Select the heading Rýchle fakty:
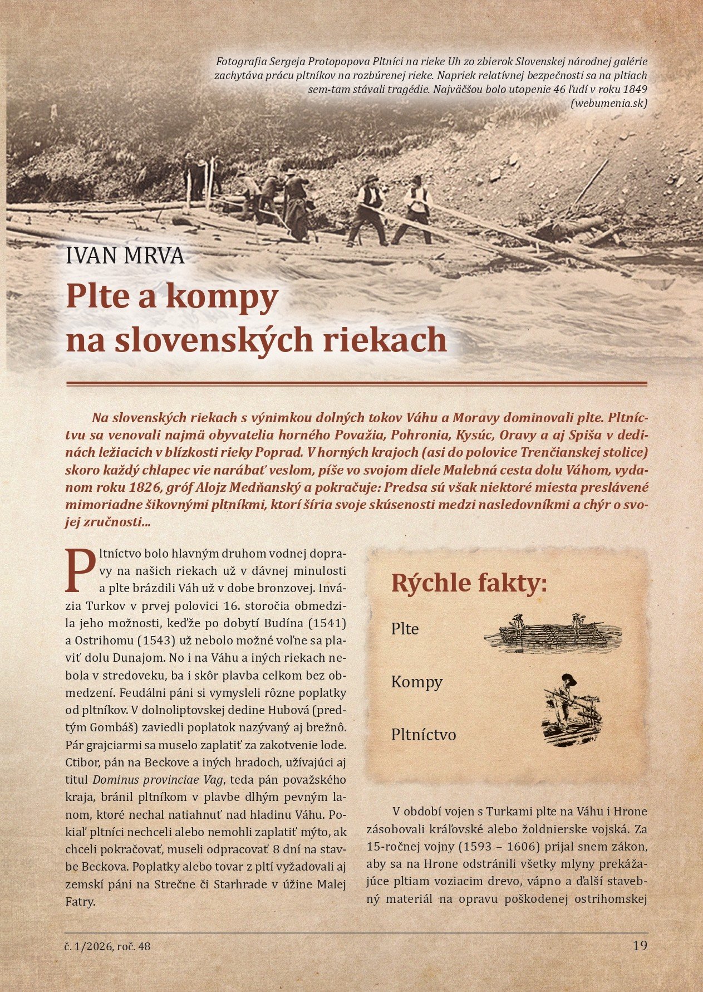tap(469, 583)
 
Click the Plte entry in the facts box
tap(405, 629)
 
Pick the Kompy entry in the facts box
tap(417, 682)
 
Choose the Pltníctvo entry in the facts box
tap(424, 735)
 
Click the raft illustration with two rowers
tap(553, 633)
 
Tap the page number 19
tap(640, 946)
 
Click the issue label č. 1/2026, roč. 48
tap(107, 946)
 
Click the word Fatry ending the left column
tap(80, 902)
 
